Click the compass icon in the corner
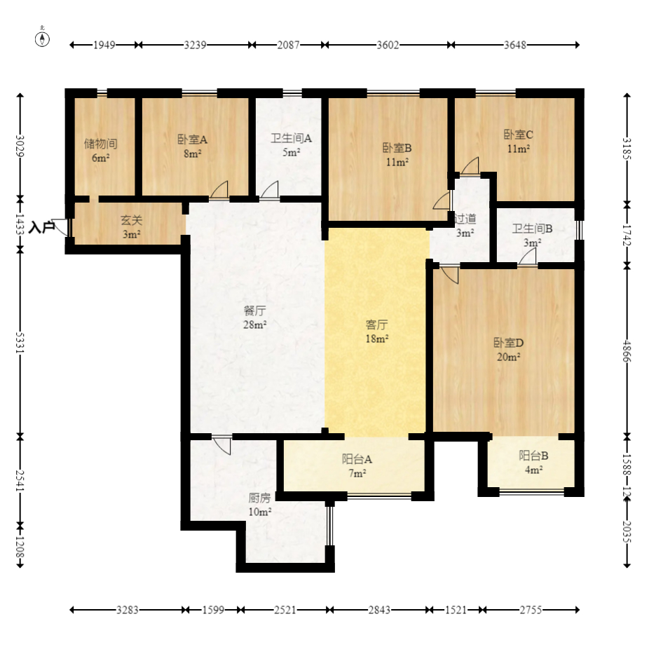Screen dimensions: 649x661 click(x=42, y=38)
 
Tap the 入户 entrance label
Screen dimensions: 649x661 click(x=42, y=228)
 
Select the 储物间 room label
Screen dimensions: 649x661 click(x=100, y=144)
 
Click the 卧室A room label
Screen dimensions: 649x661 click(x=192, y=139)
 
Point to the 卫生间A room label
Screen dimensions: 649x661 click(x=291, y=138)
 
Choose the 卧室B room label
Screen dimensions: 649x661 click(x=397, y=148)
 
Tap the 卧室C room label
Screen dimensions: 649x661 click(x=519, y=135)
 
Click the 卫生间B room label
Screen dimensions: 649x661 click(x=532, y=229)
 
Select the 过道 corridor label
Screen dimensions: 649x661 click(x=465, y=219)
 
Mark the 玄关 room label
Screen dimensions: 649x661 click(x=132, y=220)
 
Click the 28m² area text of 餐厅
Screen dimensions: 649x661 click(x=254, y=325)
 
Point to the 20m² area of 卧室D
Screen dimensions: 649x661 click(x=508, y=357)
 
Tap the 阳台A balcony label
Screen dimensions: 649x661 click(x=357, y=459)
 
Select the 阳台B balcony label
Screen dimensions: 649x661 click(x=533, y=456)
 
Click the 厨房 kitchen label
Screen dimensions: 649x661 click(x=259, y=498)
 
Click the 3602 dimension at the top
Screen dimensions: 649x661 click(x=388, y=45)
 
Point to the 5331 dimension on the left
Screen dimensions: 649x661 click(x=20, y=343)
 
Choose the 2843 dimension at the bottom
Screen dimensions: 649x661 click(x=379, y=610)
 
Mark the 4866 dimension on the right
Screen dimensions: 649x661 click(x=627, y=351)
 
